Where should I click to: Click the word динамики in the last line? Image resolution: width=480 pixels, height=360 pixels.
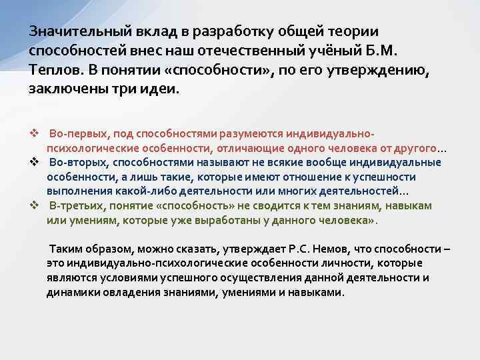click(x=72, y=292)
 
